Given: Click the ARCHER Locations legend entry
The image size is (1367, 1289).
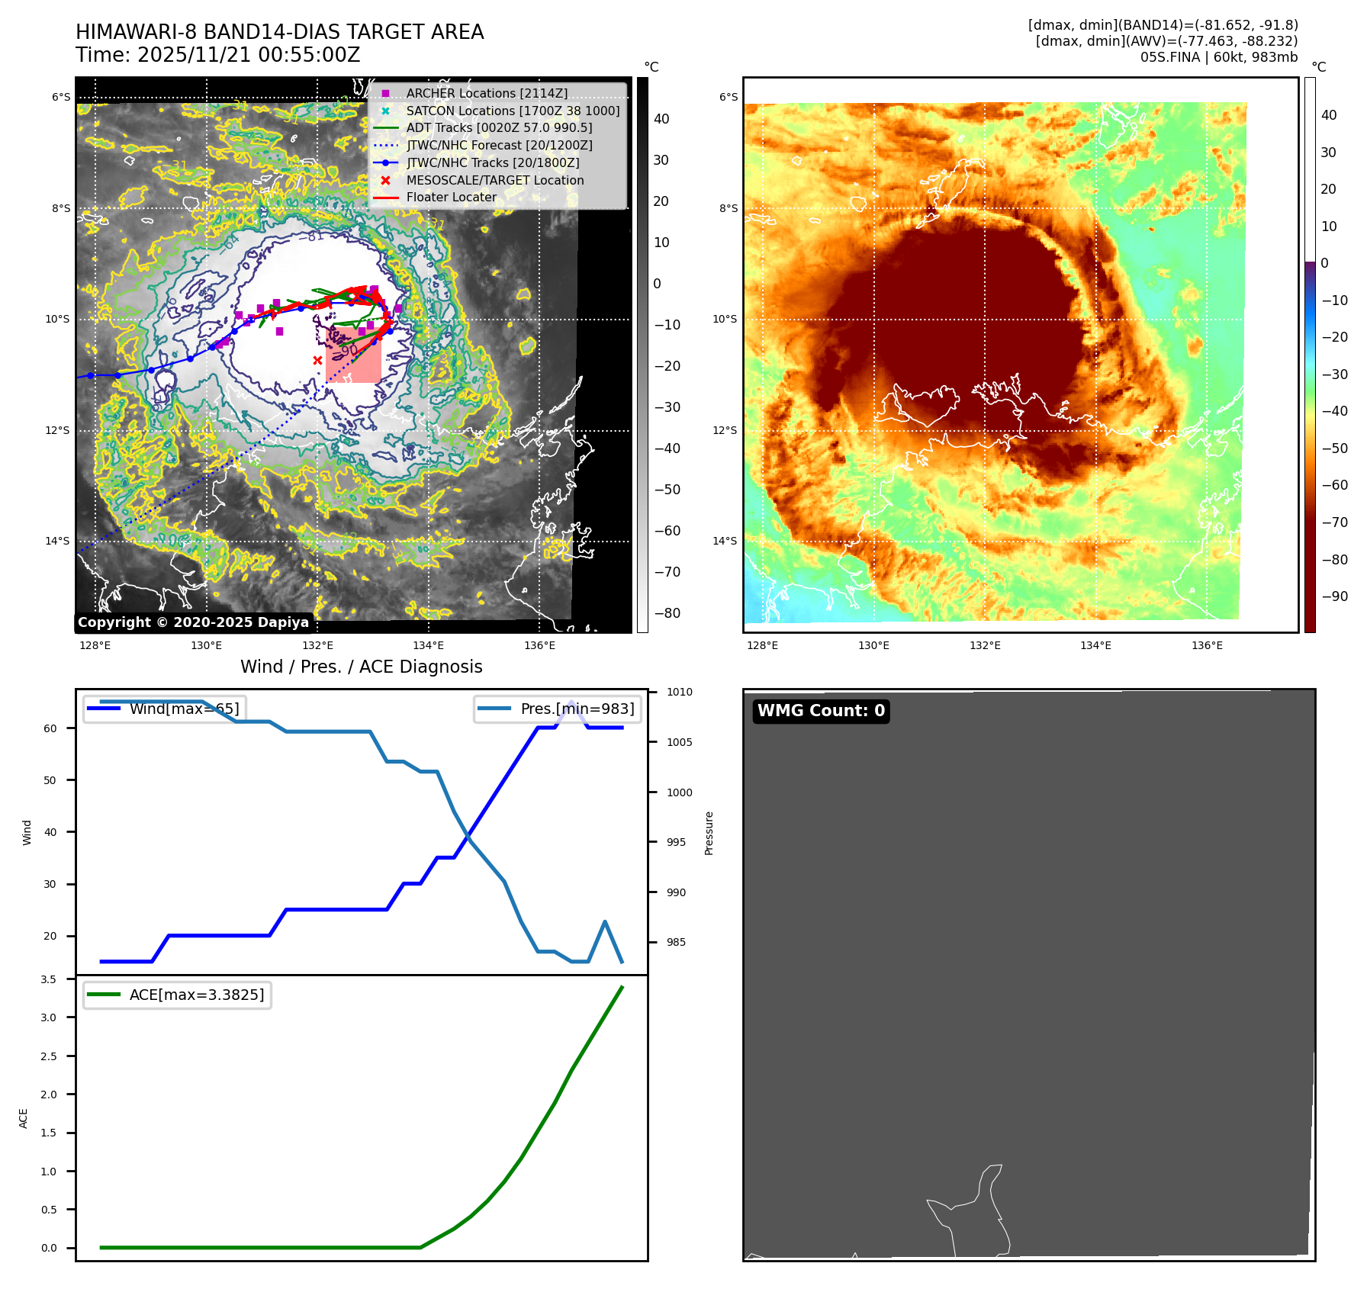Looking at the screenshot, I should coord(487,93).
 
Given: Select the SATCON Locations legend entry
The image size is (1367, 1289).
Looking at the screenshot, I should coord(513,111).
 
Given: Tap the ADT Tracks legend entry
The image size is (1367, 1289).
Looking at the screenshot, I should coord(499,127).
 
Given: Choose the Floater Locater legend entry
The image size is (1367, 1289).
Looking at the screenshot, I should coord(451,197).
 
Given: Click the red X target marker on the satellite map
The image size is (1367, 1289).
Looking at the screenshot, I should coord(317,360).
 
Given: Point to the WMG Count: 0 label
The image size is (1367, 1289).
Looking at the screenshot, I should coord(821,711).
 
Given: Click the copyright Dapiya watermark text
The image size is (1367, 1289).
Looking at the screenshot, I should coord(193,622).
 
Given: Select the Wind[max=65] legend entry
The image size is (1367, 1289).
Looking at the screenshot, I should coord(184,709).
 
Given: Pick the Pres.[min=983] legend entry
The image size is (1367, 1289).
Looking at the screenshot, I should coord(577,709).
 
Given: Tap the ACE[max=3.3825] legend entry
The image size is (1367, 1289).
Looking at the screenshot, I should coord(196,995).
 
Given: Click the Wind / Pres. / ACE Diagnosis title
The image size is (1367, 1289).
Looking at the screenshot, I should coord(361,667).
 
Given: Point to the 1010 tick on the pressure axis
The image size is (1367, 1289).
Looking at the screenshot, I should coord(679,693).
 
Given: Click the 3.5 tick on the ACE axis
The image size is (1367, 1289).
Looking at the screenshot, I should coord(49,979).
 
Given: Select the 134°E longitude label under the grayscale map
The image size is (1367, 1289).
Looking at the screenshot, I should coord(429,645).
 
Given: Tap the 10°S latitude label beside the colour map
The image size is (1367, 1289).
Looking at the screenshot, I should coord(725,319).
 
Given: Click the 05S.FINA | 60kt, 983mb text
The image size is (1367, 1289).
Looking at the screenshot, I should coord(1218,57).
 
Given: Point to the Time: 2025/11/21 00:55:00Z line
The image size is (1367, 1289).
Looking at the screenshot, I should coord(217,55).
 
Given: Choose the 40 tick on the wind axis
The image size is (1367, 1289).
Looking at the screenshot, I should coord(50,832).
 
